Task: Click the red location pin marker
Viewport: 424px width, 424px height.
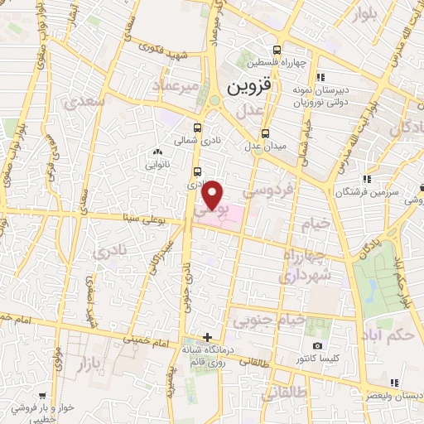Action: coord(214,195)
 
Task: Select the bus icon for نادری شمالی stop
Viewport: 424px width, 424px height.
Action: coord(197,128)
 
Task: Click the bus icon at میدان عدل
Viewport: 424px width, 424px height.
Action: coord(265,135)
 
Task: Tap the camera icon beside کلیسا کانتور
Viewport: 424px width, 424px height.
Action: coord(316,345)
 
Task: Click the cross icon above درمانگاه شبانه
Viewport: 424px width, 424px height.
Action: coord(207,337)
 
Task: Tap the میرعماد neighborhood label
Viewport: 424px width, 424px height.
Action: coord(176,86)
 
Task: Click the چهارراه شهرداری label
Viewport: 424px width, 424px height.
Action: coord(306,263)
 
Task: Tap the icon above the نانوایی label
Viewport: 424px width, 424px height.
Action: coord(157,152)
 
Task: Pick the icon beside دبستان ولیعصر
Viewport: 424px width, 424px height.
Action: coord(395,382)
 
